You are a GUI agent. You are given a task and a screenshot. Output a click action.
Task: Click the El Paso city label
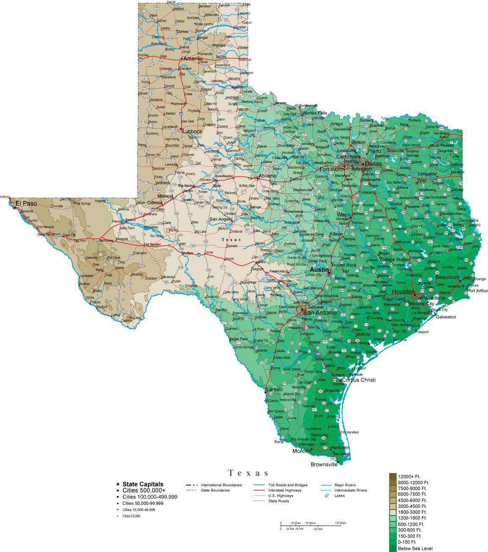pyautogui.click(x=26, y=204)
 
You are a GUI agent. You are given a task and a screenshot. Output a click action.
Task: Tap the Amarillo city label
pyautogui.click(x=193, y=59)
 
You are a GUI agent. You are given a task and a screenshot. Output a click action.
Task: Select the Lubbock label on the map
pyautogui.click(x=193, y=131)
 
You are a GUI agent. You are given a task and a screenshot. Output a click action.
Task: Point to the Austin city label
pyautogui.click(x=319, y=270)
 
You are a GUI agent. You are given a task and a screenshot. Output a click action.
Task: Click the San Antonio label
pyautogui.click(x=320, y=313)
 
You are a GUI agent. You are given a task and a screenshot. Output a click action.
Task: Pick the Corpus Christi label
pyautogui.click(x=358, y=380)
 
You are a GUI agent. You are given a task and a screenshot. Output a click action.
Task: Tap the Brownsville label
pyautogui.click(x=324, y=464)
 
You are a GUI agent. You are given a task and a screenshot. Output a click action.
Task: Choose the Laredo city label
pyautogui.click(x=274, y=389)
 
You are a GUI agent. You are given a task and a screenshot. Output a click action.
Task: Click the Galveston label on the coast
pyautogui.click(x=446, y=317)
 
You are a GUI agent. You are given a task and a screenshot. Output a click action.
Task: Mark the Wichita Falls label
pyautogui.click(x=315, y=113)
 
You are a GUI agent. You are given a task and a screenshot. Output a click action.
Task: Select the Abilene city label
pyautogui.click(x=268, y=176)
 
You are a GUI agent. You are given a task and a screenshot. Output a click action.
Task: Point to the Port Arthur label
pyautogui.click(x=477, y=290)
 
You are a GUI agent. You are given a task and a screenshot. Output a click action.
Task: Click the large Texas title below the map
pyautogui.click(x=248, y=473)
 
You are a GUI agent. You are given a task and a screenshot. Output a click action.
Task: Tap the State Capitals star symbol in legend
pyautogui.click(x=117, y=484)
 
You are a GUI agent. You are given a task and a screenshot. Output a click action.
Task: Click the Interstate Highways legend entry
pyautogui.click(x=285, y=490)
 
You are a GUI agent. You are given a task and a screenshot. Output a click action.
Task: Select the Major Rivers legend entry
pyautogui.click(x=345, y=485)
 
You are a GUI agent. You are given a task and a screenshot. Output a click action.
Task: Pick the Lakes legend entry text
pyautogui.click(x=339, y=495)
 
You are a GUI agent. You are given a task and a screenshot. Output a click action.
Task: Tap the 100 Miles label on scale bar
pyautogui.click(x=340, y=523)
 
